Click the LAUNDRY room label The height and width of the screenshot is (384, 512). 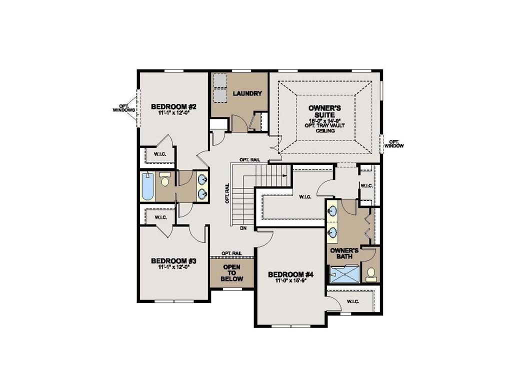pos(248,93)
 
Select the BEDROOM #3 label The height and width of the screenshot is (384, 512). pos(173,261)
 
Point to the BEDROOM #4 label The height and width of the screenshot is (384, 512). pos(290,274)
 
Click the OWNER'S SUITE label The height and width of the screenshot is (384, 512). pos(324,110)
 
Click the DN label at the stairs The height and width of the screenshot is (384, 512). pos(243,228)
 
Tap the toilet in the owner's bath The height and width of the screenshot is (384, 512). pos(371,273)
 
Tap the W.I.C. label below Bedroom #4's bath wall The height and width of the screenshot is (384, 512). pos(353,301)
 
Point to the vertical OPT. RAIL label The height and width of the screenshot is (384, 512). pos(227,192)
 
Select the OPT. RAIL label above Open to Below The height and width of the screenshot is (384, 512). pos(232,253)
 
